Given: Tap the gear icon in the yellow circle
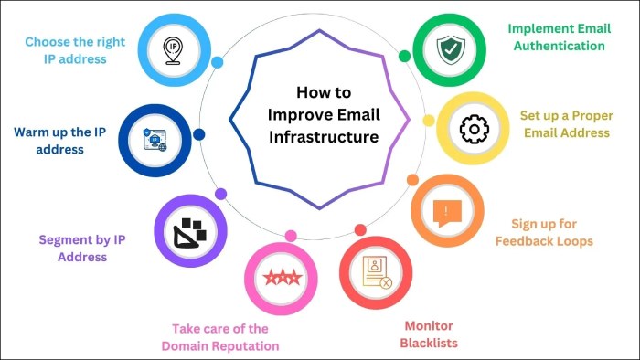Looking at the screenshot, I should (x=474, y=130).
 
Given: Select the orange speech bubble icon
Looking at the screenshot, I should (x=446, y=212).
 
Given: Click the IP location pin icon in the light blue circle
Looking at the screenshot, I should (x=174, y=49).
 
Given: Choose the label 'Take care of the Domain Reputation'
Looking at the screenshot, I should (x=219, y=337).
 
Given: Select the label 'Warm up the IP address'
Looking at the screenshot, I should (x=61, y=140).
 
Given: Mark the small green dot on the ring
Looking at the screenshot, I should (x=404, y=56).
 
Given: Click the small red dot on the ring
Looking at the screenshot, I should (x=360, y=230).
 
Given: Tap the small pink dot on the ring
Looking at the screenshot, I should (x=291, y=236).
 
